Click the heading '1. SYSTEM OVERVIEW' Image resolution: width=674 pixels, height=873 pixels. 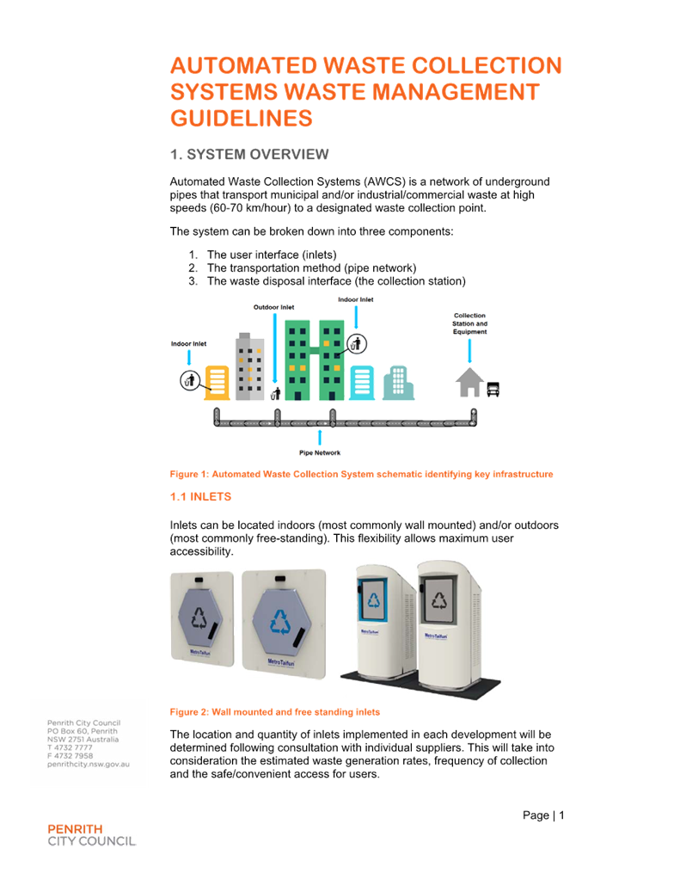249,155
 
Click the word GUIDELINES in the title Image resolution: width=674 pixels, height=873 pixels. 241,118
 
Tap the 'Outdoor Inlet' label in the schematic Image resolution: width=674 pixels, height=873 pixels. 273,307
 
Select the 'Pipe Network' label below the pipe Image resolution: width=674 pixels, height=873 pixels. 320,452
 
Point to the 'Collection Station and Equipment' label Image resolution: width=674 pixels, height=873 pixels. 470,323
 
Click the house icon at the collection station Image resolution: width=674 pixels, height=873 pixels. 469,382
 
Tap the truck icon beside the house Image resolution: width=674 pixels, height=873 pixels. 493,389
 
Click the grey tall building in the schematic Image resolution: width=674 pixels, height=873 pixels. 250,366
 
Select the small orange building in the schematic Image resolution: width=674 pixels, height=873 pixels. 217,382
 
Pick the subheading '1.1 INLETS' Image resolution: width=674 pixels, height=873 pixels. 200,497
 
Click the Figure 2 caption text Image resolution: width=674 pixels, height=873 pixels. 275,712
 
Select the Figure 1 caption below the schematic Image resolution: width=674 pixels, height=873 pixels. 361,474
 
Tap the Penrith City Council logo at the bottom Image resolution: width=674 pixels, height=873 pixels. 91,834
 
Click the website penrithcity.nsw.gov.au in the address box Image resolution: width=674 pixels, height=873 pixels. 88,764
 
